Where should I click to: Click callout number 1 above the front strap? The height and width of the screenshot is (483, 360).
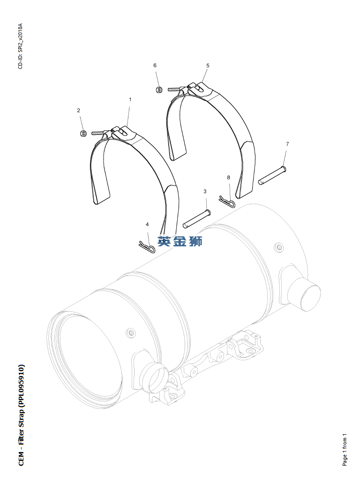pos(130,99)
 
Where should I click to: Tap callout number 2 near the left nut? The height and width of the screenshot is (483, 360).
pos(79,110)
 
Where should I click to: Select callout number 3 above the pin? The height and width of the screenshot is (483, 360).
pos(205,191)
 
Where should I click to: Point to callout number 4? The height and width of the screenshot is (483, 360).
pos(147,224)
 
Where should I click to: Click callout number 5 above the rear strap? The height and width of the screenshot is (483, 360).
pos(208,66)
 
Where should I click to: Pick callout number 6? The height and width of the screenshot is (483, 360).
pos(155,65)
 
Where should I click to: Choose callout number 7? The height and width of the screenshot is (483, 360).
pos(287,144)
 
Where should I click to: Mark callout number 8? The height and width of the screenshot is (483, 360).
pos(228,178)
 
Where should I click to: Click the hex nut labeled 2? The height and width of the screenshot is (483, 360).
pos(83,134)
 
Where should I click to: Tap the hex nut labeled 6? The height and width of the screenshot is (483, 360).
pos(159,89)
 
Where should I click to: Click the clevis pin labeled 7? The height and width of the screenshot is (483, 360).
pos(272,176)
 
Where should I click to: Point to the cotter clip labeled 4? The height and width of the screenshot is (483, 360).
pos(147,246)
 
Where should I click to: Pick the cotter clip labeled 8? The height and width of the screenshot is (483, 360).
pos(227,201)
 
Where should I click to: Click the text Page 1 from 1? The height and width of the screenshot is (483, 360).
pos(345,450)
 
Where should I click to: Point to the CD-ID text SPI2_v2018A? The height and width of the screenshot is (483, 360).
pos(20,38)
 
